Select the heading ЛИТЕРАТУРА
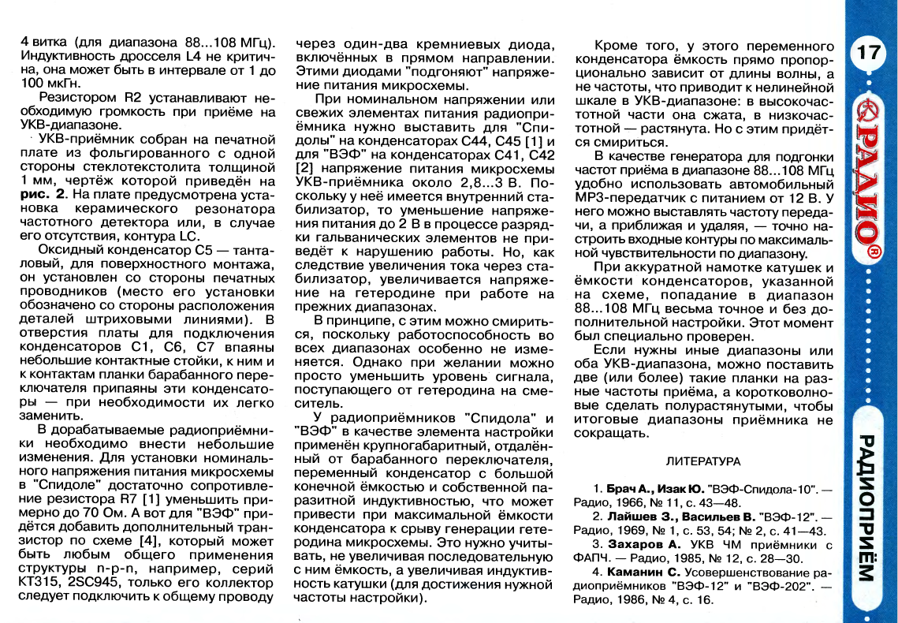coord(703,461)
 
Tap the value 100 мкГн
coord(50,81)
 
